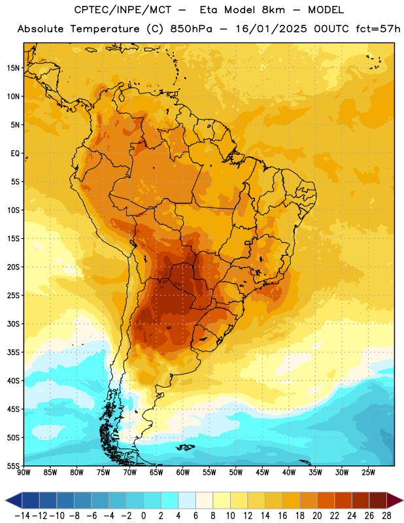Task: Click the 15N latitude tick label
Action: [x=13, y=68]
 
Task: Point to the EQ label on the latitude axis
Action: [x=15, y=154]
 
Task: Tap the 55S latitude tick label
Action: [x=13, y=465]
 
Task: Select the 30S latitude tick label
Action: [x=13, y=324]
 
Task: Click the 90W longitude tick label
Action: [x=24, y=472]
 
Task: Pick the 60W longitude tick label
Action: [x=183, y=472]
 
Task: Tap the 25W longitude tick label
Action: [x=368, y=472]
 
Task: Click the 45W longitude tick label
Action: [x=262, y=472]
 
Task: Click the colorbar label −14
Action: [x=22, y=516]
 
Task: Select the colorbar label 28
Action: [x=386, y=516]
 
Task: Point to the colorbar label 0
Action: [x=143, y=516]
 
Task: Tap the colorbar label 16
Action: [x=282, y=516]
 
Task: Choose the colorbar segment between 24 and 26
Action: [x=361, y=500]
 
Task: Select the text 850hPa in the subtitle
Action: [x=191, y=29]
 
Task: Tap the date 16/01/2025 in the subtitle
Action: [x=271, y=29]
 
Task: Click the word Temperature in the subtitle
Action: [x=105, y=29]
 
